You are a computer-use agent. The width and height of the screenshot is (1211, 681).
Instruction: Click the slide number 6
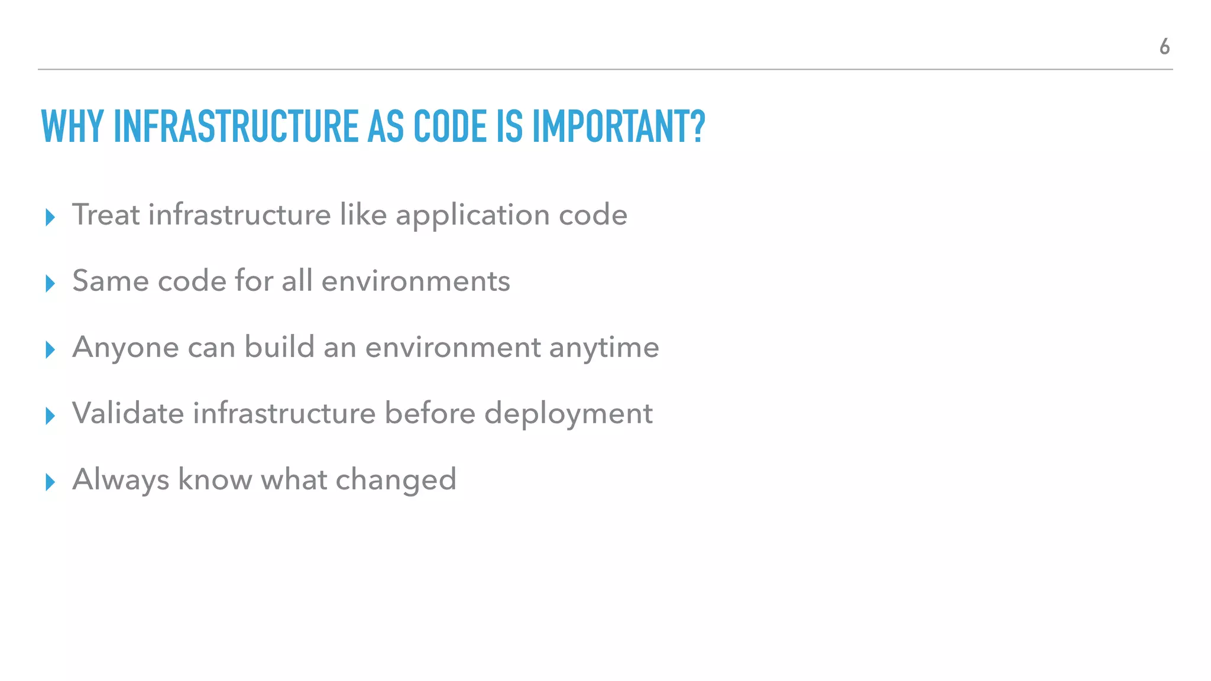(x=1164, y=46)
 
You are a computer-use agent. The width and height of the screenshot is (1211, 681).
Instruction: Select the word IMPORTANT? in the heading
(x=619, y=127)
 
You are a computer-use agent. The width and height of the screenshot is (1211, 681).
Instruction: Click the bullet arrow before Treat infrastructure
(x=50, y=218)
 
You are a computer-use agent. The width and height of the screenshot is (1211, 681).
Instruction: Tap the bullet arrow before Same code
(x=50, y=284)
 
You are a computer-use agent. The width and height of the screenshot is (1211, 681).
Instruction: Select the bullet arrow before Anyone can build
(x=50, y=350)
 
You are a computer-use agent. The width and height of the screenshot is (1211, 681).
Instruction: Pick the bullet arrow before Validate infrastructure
(x=50, y=416)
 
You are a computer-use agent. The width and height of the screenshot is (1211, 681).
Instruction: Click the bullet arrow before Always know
(x=50, y=482)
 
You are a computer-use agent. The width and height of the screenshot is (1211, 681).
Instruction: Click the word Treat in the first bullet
(x=106, y=214)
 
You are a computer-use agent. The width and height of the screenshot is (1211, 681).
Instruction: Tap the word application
(x=472, y=215)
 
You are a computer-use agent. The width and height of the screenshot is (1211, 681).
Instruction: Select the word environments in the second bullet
(x=415, y=281)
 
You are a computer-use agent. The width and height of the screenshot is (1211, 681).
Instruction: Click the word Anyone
(x=125, y=347)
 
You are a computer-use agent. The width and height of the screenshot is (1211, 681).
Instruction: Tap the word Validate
(x=128, y=413)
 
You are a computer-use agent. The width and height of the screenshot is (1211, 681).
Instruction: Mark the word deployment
(x=568, y=414)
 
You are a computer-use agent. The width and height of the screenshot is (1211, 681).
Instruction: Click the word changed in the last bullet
(x=396, y=479)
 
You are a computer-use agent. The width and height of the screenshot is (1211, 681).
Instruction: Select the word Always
(x=121, y=479)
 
